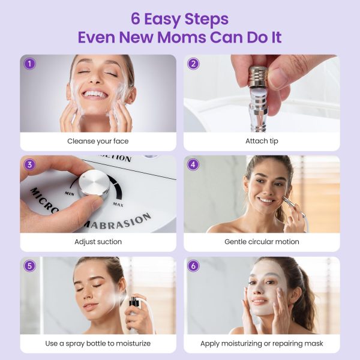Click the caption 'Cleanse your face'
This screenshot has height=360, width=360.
pyautogui.click(x=98, y=142)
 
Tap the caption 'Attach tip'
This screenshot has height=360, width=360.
pyautogui.click(x=262, y=142)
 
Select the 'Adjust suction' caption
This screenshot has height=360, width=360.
pyautogui.click(x=98, y=242)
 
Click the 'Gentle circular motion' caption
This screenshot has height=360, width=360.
pyautogui.click(x=262, y=242)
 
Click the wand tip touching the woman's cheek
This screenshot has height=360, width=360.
pyautogui.click(x=282, y=205)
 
